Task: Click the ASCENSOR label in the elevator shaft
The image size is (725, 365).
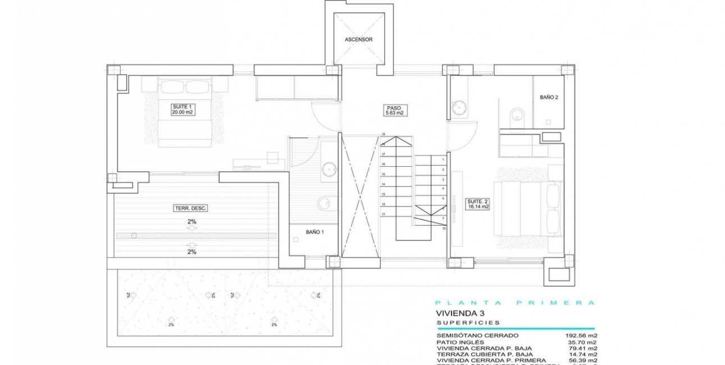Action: (359, 40)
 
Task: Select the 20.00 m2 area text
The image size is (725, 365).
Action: (182, 112)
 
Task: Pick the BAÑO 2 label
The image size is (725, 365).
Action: (548, 97)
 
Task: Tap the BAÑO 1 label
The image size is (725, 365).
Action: (314, 231)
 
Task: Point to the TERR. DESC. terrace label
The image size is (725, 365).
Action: (190, 208)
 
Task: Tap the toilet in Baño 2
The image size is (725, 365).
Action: (516, 115)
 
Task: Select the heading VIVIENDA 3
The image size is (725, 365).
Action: (460, 313)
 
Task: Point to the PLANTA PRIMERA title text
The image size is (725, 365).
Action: (514, 303)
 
